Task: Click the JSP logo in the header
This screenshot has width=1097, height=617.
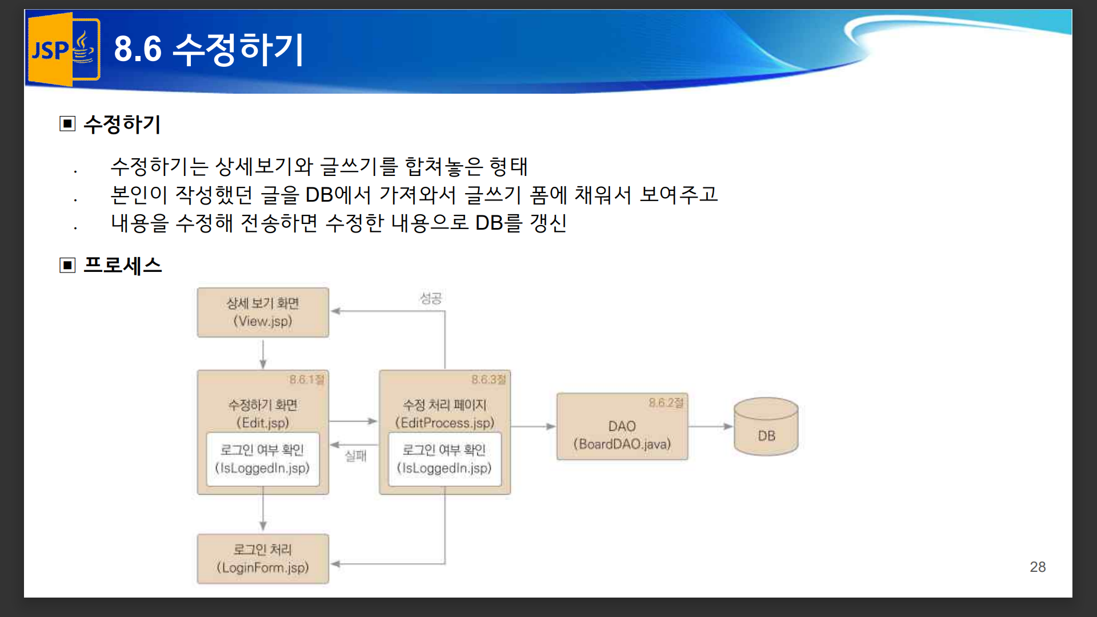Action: [64, 49]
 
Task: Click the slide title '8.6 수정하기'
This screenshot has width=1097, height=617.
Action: [209, 49]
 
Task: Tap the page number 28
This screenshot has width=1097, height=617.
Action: [1038, 567]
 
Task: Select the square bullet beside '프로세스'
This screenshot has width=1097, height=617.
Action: [67, 265]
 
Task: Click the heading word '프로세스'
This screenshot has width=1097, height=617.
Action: [123, 265]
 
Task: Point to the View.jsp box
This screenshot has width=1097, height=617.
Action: [263, 312]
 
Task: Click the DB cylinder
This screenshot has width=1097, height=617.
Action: [766, 427]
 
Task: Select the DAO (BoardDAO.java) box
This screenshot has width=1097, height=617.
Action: [622, 426]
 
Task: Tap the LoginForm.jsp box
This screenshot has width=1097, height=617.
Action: [263, 559]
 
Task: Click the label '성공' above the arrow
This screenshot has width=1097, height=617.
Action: [431, 298]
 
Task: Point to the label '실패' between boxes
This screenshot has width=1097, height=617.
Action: [355, 456]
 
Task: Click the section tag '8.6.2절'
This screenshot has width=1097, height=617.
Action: [666, 403]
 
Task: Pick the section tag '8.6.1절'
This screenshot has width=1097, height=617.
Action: [307, 380]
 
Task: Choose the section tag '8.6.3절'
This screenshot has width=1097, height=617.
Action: [489, 380]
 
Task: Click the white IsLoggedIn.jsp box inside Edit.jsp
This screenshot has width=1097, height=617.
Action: [263, 459]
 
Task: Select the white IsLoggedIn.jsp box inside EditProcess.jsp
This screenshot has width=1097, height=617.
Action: [445, 459]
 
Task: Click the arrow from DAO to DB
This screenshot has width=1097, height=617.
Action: [711, 426]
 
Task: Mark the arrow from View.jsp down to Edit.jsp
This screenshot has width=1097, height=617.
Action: [263, 354]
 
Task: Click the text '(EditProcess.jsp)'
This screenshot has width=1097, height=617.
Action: [445, 423]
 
